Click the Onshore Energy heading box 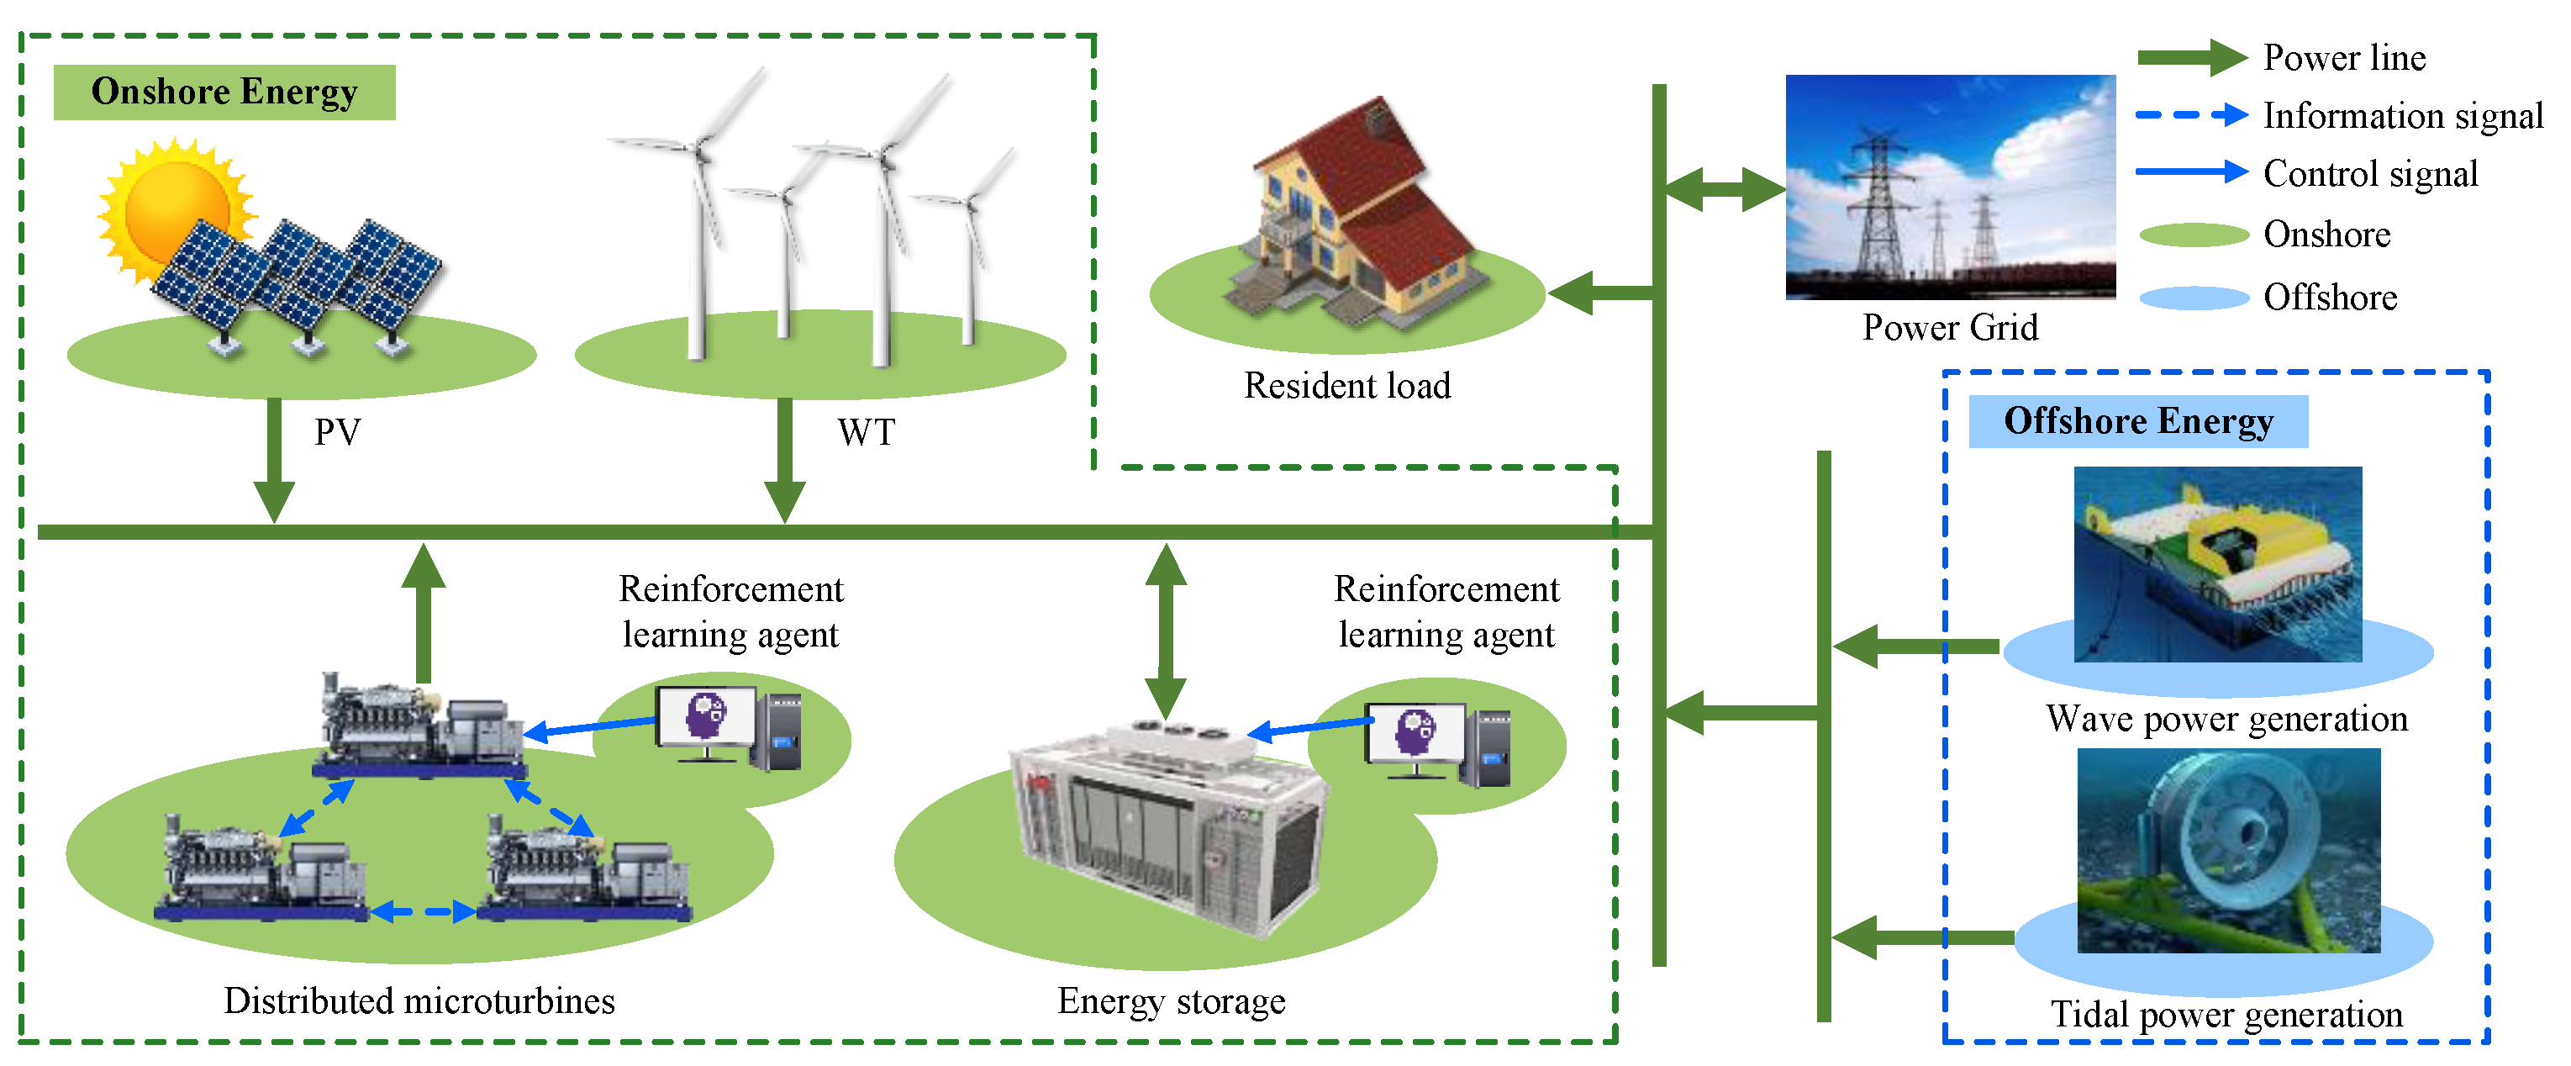click(x=224, y=92)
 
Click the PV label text click(x=337, y=432)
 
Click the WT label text click(x=867, y=432)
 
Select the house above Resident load click(x=1352, y=214)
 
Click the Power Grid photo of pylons click(x=1949, y=187)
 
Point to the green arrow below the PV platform click(x=273, y=459)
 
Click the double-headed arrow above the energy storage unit click(x=1165, y=631)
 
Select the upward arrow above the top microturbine click(x=424, y=614)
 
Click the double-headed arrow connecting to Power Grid click(x=1724, y=188)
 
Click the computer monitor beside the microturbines click(x=706, y=715)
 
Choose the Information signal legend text click(x=2402, y=116)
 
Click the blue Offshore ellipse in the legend click(x=2193, y=298)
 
